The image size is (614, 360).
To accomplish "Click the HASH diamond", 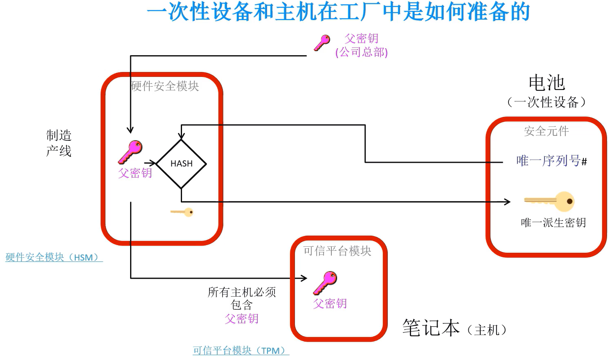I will [x=181, y=164].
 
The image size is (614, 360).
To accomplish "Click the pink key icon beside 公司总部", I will [x=322, y=43].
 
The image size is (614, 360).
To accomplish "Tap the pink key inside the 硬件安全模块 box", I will [x=130, y=152].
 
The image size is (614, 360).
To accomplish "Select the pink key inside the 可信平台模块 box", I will [x=325, y=283].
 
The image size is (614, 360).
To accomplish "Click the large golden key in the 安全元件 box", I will [x=550, y=201].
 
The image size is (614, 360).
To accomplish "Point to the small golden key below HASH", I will [x=182, y=212].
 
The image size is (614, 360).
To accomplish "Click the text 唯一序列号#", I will [x=551, y=161].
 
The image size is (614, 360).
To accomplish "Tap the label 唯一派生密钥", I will [x=553, y=223].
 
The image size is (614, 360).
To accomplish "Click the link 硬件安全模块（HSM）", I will [x=54, y=257].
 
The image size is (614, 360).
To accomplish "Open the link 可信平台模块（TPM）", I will [x=241, y=351].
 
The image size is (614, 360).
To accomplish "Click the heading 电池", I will [x=547, y=83].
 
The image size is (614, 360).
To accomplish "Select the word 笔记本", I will [x=431, y=328].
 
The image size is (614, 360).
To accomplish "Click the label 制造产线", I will [x=58, y=143].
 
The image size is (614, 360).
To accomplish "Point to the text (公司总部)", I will [x=361, y=52].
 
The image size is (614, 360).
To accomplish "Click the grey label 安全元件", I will [x=546, y=131].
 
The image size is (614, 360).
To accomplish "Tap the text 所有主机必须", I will [x=242, y=292].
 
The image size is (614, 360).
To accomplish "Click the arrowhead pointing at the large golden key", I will [x=508, y=202].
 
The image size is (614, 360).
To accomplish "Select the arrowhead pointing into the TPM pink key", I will [x=304, y=278].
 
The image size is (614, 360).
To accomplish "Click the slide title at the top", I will [x=338, y=12].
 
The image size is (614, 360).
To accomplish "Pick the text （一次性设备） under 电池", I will [x=546, y=102].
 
